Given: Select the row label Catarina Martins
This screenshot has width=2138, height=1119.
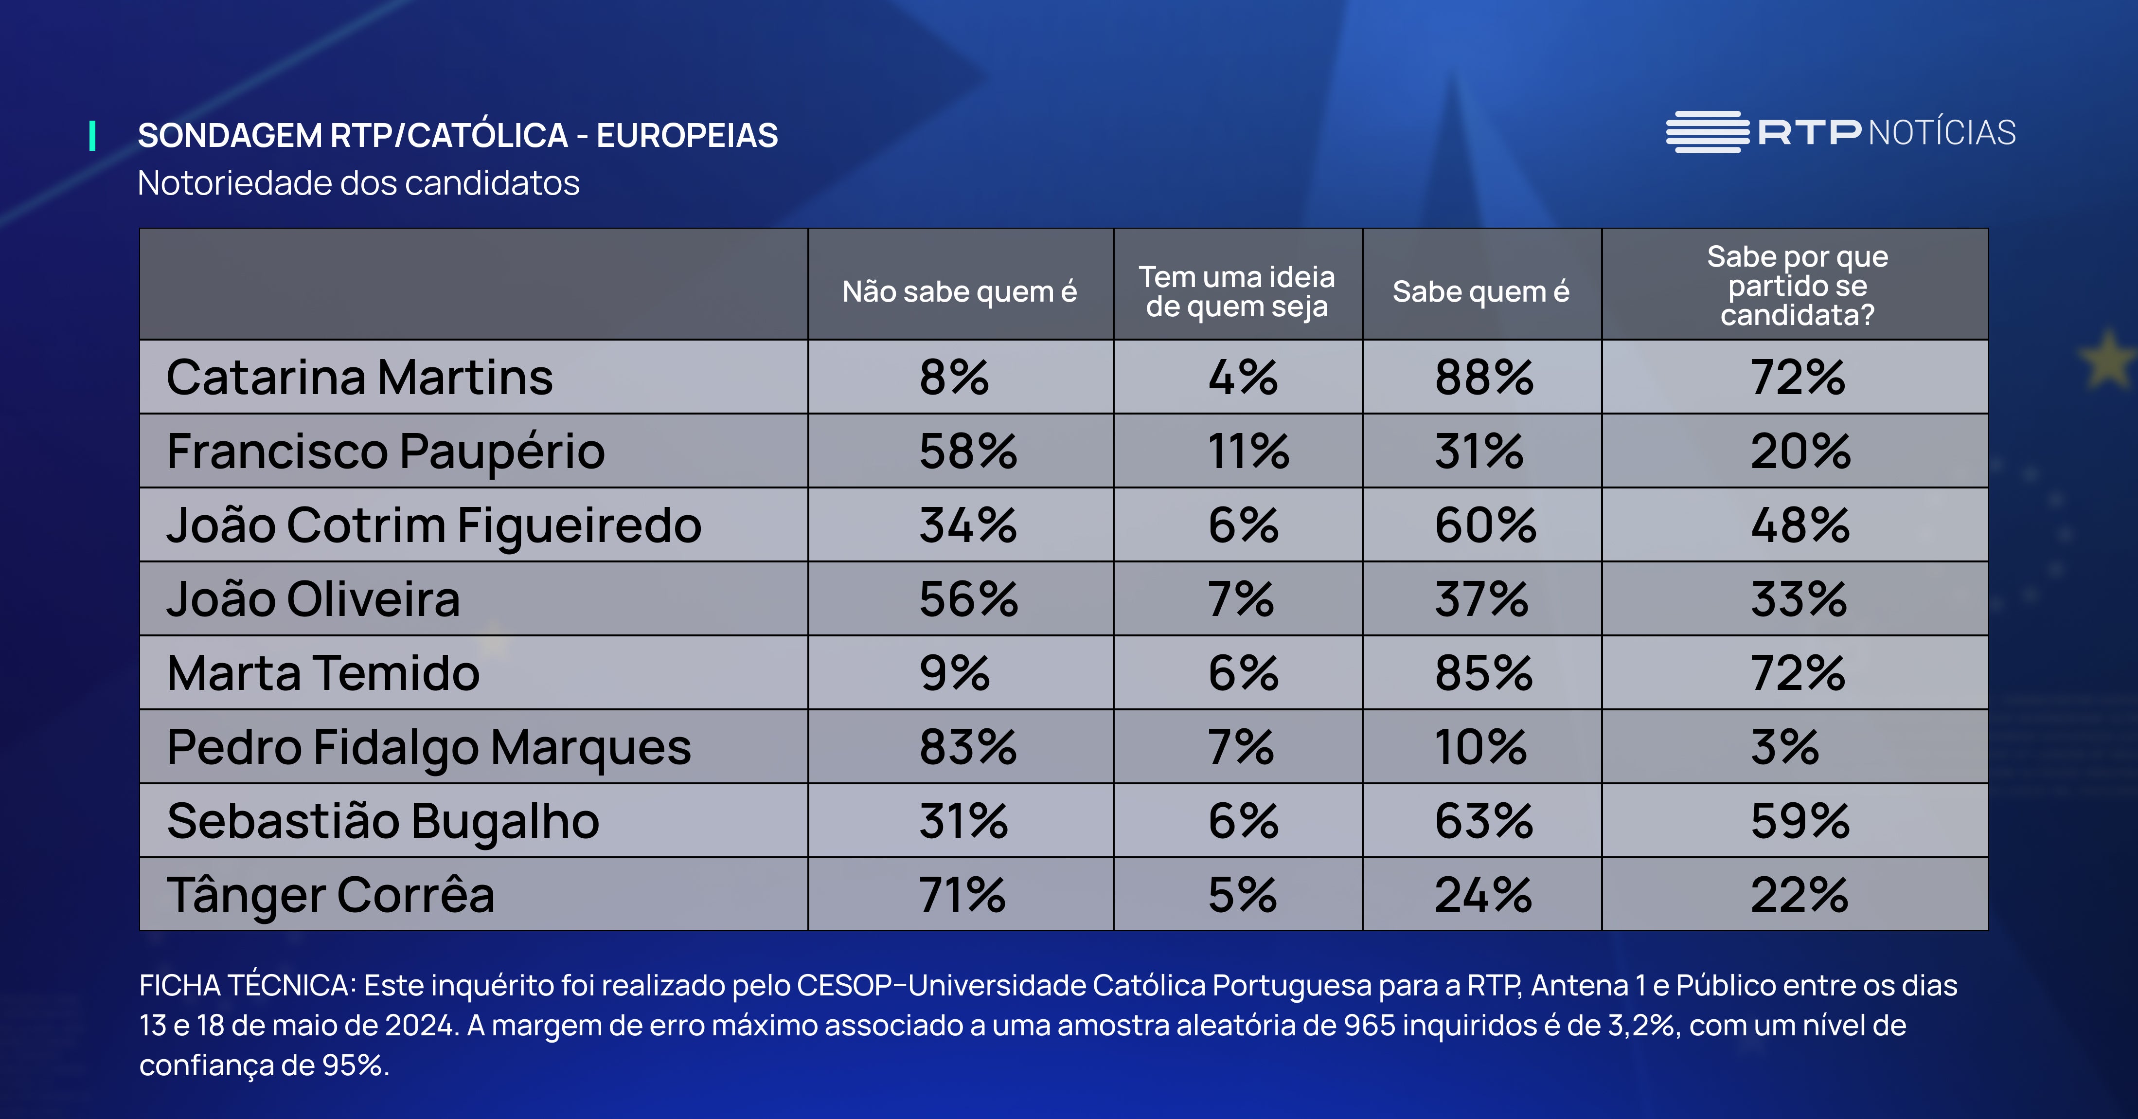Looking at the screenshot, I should click(x=359, y=378).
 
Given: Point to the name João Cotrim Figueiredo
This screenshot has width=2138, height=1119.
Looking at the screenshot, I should click(x=433, y=525).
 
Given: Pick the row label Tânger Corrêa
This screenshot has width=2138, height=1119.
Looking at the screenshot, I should click(x=330, y=895).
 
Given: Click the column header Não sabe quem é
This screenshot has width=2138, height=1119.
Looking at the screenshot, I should click(x=960, y=291).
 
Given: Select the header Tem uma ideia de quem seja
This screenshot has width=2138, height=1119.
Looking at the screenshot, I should click(x=1237, y=291).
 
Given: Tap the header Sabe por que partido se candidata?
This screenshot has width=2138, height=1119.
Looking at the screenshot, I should click(x=1797, y=286).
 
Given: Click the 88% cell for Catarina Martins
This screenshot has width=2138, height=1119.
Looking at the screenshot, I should click(x=1484, y=378).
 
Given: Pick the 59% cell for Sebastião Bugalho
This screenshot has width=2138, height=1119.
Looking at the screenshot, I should click(x=1799, y=821).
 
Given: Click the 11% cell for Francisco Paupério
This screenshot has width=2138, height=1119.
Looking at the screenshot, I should click(x=1247, y=451).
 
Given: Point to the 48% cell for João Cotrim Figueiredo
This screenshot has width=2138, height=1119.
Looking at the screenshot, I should click(x=1799, y=525).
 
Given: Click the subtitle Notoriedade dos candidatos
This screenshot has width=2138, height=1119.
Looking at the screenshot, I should click(x=358, y=182).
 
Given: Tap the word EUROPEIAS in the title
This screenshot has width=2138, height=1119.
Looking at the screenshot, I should click(x=686, y=135).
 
